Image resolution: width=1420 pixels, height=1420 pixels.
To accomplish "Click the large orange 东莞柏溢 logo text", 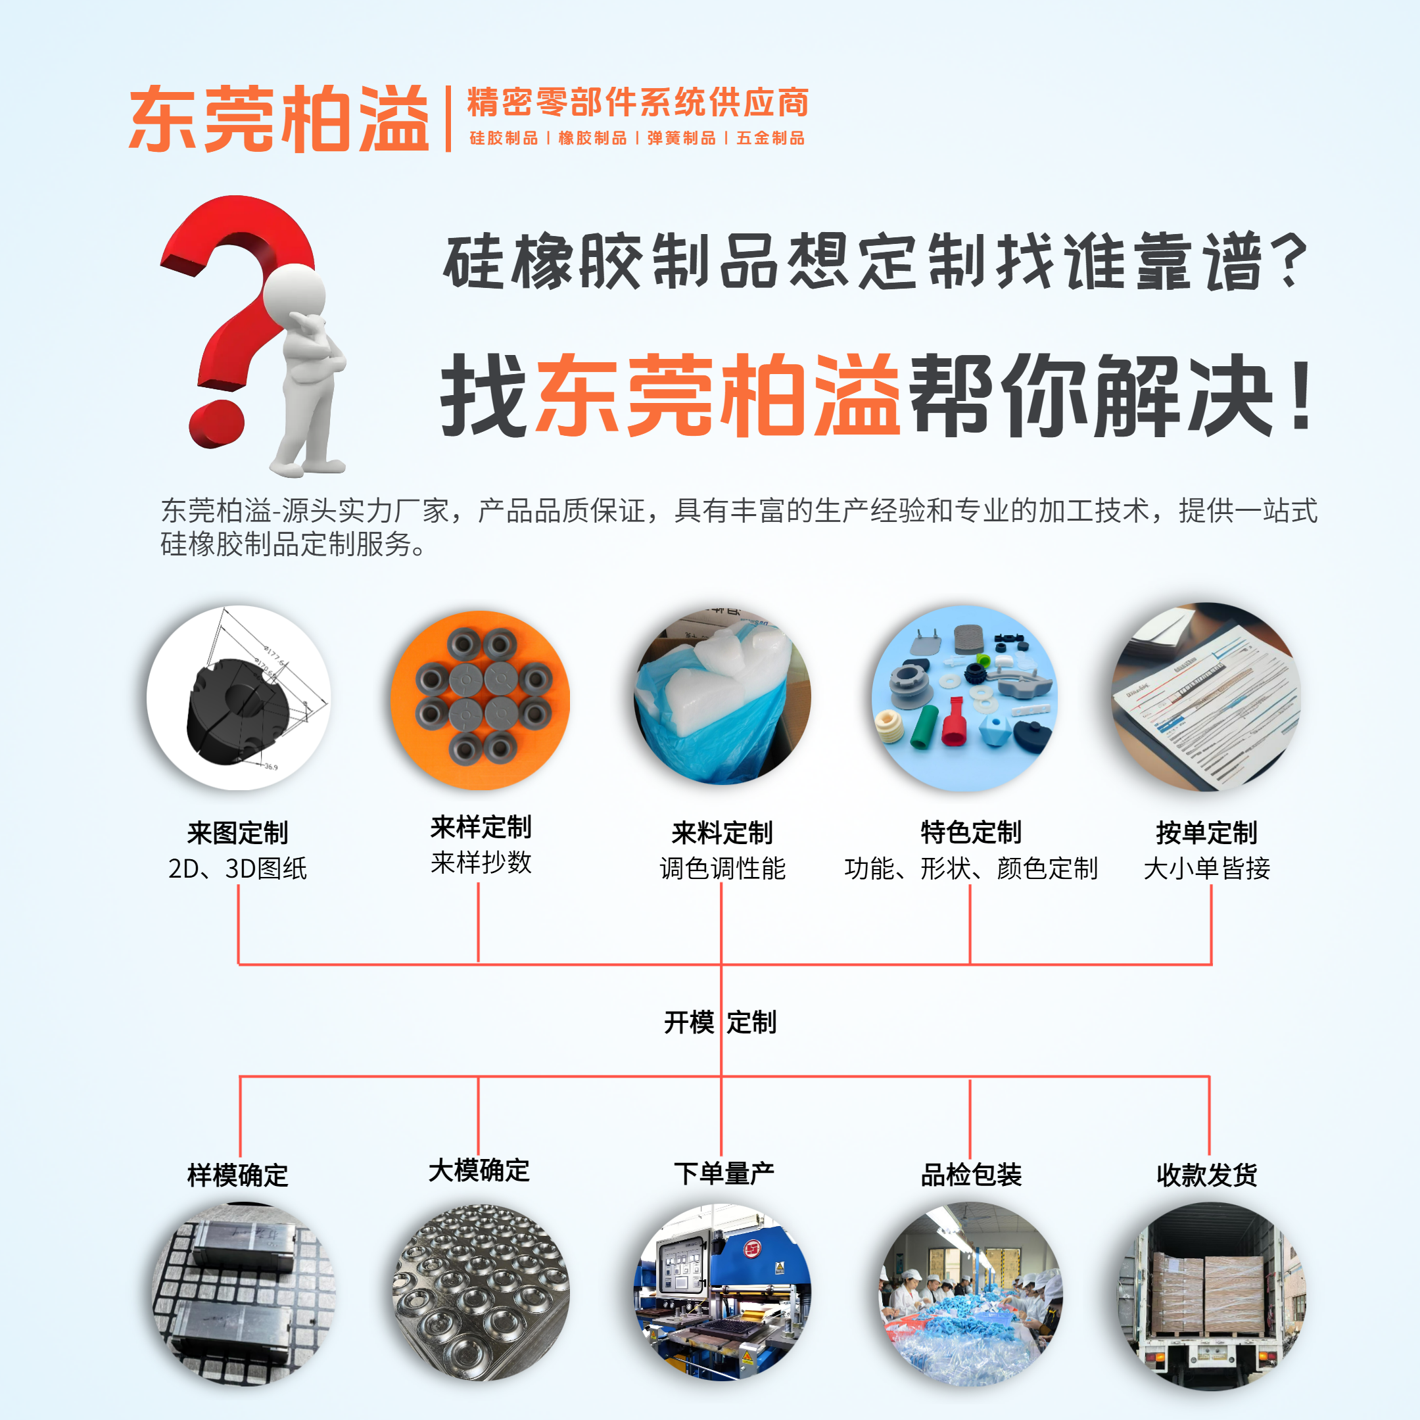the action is click(x=279, y=118).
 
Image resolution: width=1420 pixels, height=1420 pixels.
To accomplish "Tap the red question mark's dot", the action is click(x=217, y=423).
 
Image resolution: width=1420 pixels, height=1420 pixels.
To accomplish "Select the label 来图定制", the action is click(x=237, y=833).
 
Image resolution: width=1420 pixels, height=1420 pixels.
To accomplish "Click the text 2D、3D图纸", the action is click(x=237, y=868).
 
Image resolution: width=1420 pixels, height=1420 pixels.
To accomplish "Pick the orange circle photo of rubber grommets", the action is click(x=480, y=699).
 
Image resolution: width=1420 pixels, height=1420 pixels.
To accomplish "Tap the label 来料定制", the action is click(x=722, y=833).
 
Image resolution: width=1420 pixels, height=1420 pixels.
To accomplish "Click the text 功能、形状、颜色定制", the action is click(x=971, y=868).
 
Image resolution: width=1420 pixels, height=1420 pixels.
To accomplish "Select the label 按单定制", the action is click(x=1206, y=833).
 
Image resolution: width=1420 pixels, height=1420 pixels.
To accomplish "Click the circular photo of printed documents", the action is click(x=1206, y=697).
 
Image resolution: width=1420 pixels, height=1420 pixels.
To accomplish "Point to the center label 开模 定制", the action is click(x=721, y=1022).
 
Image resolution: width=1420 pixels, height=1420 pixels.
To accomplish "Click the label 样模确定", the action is click(x=237, y=1175).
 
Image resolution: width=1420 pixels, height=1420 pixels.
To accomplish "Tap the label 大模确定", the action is click(x=479, y=1170).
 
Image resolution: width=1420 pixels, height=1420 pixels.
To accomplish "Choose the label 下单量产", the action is click(x=724, y=1173).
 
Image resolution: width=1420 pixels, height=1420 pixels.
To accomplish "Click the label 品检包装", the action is click(x=971, y=1175).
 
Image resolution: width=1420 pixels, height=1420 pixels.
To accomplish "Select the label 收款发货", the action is click(x=1206, y=1175).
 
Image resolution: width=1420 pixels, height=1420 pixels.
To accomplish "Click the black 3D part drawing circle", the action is click(x=238, y=698).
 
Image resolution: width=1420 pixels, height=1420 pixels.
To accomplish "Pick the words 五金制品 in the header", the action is click(x=770, y=138).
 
